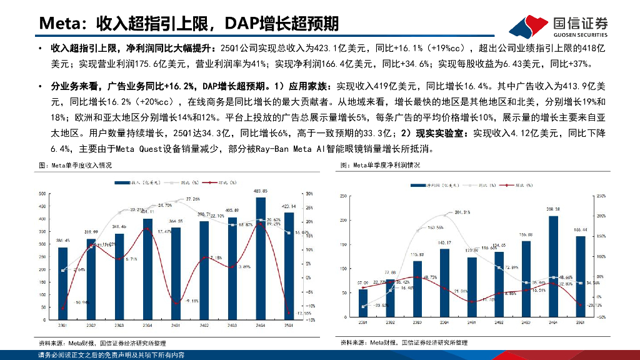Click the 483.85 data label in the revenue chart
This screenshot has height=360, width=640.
tap(260, 191)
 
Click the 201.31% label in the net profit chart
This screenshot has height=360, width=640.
tap(463, 212)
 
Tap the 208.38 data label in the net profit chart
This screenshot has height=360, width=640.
tap(553, 209)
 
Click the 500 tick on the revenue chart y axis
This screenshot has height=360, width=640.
tap(42, 193)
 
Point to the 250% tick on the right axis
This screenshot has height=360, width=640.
tap(602, 196)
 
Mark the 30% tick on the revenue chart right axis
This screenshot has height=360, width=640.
tap(309, 193)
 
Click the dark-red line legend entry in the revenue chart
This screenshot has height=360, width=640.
tap(222, 182)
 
